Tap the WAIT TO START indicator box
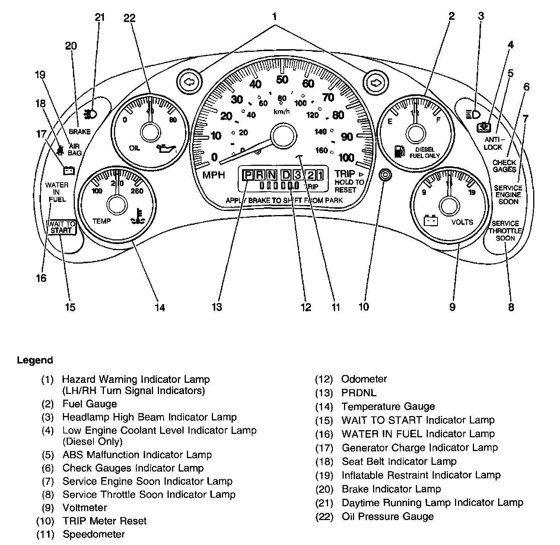point(61,227)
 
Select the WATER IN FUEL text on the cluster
point(57,192)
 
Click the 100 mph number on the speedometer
point(346,158)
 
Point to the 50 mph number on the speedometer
point(282,79)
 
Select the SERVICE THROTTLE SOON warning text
point(505,231)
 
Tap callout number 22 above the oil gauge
point(130,18)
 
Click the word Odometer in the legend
point(364,379)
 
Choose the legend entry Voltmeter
point(85,508)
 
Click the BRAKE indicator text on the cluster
point(80,132)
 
